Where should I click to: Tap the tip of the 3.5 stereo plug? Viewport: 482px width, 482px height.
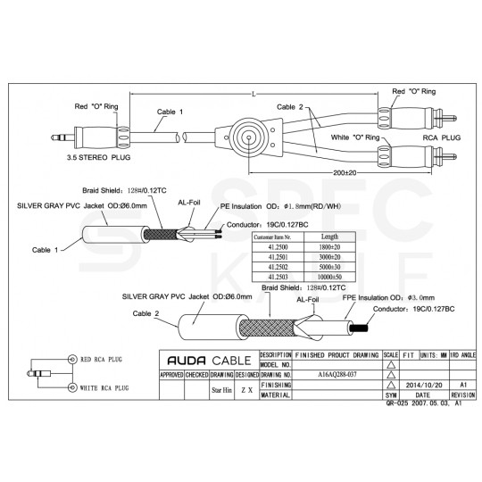coord(52,137)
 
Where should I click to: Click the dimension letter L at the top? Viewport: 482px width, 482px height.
coord(254,94)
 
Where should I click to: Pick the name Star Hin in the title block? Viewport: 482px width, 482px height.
coord(220,390)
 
